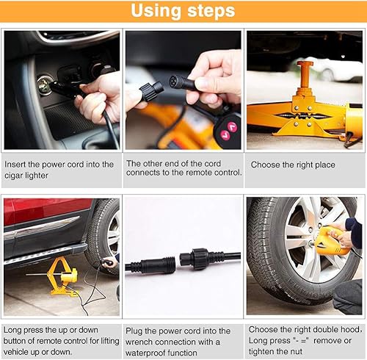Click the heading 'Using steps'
[183, 11]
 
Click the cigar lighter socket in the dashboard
[45, 87]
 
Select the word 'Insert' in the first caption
[16, 165]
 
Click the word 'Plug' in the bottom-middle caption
[136, 331]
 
